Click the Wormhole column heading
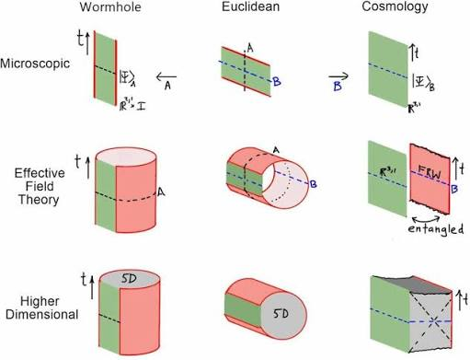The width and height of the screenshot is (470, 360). click(x=110, y=6)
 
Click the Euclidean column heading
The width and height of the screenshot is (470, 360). click(x=250, y=6)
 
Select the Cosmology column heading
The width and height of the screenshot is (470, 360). click(x=395, y=6)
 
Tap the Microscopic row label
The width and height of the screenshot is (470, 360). click(x=35, y=64)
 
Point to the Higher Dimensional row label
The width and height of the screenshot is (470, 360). click(x=41, y=308)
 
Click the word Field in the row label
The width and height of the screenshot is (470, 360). click(x=40, y=186)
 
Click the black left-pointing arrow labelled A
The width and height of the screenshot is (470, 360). click(x=166, y=76)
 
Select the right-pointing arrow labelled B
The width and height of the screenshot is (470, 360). click(x=338, y=75)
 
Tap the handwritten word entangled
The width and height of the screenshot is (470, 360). click(x=435, y=229)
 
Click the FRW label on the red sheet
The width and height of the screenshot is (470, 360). click(x=429, y=172)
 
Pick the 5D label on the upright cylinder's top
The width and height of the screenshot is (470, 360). click(x=129, y=279)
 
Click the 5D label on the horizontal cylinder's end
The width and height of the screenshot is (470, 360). click(x=281, y=314)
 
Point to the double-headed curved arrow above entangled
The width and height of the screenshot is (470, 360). click(x=426, y=217)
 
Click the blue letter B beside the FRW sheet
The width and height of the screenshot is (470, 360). click(x=454, y=189)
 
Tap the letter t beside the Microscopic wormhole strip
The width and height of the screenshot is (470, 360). click(x=81, y=40)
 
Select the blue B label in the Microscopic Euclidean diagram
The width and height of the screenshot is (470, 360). click(x=277, y=82)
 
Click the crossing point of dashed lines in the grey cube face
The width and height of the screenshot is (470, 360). click(x=433, y=321)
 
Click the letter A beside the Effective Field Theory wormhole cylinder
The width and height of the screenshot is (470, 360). click(x=161, y=192)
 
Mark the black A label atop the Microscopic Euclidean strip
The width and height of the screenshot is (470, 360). click(x=250, y=48)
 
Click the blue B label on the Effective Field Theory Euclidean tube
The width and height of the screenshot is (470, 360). click(x=313, y=184)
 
